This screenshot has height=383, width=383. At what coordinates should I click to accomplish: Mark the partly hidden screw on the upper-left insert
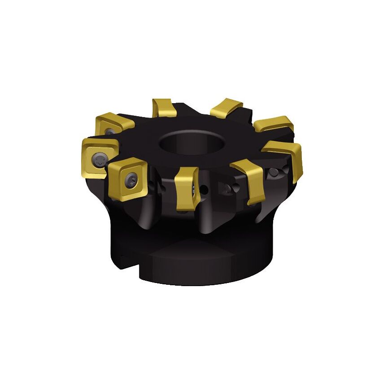pos(109,131)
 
